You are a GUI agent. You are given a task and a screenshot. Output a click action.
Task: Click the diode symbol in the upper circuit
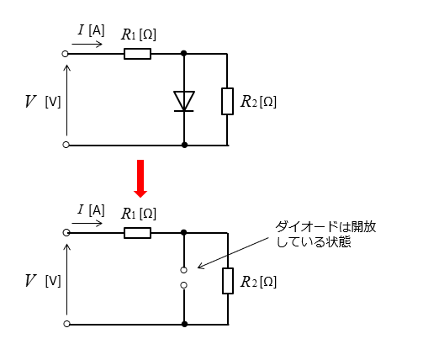[x=184, y=101]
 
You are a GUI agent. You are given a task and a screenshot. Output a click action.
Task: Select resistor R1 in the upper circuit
[x=137, y=54]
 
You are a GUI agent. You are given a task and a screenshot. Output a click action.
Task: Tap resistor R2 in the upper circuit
[x=227, y=101]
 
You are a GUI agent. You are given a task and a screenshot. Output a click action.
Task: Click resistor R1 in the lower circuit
[x=137, y=233]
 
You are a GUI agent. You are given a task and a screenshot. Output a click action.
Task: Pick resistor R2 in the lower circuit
[x=228, y=281]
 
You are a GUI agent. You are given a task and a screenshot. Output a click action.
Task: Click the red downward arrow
[x=140, y=178]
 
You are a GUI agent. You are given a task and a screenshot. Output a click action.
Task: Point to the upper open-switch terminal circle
[x=183, y=270]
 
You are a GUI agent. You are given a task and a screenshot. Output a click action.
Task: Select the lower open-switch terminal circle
[x=183, y=285]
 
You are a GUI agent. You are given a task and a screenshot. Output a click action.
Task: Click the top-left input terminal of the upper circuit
[x=65, y=54]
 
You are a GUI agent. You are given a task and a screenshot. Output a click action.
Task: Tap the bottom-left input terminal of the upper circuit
[x=66, y=145]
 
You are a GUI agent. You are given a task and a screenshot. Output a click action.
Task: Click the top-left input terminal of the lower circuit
[x=66, y=233]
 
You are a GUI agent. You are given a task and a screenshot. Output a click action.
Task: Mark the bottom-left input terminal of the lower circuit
[x=66, y=324]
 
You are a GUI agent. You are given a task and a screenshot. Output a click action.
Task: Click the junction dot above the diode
[x=184, y=53]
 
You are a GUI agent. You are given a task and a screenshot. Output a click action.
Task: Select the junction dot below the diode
[x=184, y=145]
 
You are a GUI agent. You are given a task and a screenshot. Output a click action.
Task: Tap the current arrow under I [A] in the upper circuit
[x=87, y=44]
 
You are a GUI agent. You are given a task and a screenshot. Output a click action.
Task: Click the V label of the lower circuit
[x=30, y=281]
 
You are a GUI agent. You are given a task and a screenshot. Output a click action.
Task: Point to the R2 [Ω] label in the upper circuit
[x=258, y=102]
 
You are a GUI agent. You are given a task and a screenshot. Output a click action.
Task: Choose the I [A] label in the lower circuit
[x=92, y=210]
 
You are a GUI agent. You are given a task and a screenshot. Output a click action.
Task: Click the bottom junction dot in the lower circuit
[x=184, y=324]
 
